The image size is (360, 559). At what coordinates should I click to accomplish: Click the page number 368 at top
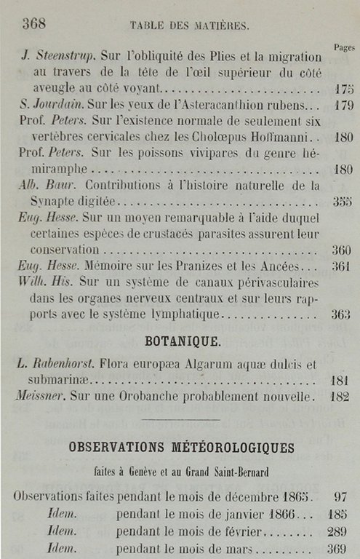[34, 23]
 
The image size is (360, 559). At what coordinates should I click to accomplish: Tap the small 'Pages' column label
[343, 47]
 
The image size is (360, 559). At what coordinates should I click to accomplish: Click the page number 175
[343, 90]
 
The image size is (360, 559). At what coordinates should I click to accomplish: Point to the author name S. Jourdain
[50, 105]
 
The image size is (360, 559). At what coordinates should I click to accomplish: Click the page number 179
[343, 106]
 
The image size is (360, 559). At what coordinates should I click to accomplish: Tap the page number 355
[342, 202]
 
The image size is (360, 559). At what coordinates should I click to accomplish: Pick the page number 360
[342, 250]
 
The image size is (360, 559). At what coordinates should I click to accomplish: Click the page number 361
[342, 266]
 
